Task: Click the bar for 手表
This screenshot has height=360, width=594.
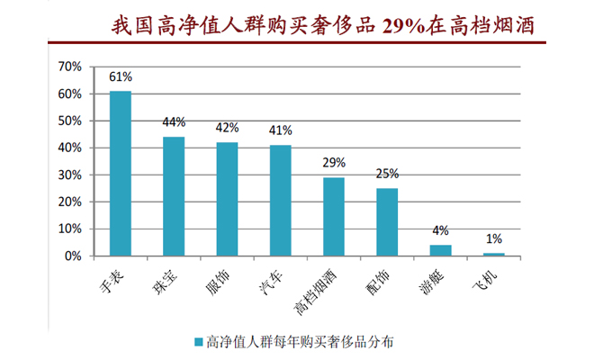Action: pos(121,174)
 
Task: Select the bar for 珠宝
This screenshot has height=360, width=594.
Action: pos(174,196)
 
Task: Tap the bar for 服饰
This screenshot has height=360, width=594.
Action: pos(227,199)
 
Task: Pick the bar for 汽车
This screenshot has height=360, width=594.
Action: pos(281,201)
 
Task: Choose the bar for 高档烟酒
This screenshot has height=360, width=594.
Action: pos(334,217)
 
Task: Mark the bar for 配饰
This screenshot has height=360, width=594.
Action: pos(387,222)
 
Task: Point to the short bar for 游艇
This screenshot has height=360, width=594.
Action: pos(440,250)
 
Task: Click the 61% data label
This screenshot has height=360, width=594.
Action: pos(121,77)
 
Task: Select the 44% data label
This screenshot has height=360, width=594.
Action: pos(174,122)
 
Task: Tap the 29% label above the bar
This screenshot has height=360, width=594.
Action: pos(334,163)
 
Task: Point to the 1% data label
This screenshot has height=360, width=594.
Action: pos(494,238)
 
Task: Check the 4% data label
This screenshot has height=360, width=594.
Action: pos(440,230)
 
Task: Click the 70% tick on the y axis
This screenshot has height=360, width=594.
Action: pos(69,67)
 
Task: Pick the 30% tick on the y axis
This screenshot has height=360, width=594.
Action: pos(69,175)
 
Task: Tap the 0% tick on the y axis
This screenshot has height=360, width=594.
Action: pos(73,256)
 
